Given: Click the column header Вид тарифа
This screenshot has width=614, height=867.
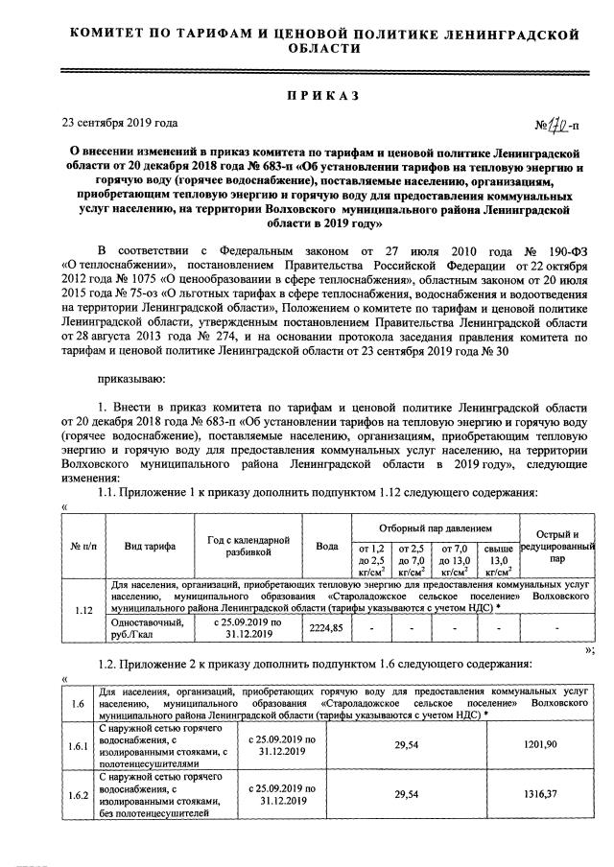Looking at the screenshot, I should point(149,546).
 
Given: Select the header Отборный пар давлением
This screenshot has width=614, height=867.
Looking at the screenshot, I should point(435,527).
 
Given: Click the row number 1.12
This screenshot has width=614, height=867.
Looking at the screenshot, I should point(82,609).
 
